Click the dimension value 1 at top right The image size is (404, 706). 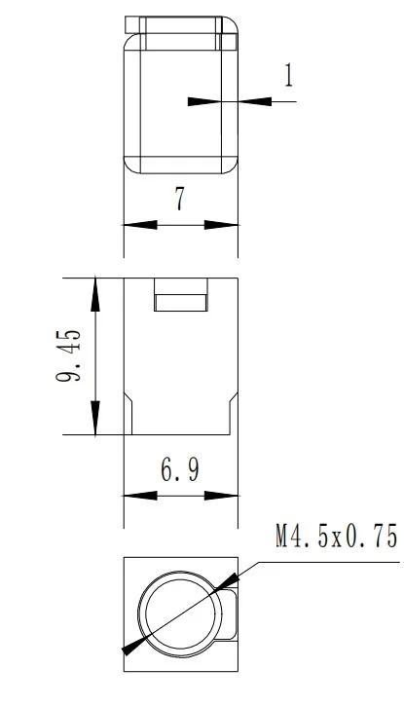(288, 77)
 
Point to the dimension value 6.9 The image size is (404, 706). (180, 471)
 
